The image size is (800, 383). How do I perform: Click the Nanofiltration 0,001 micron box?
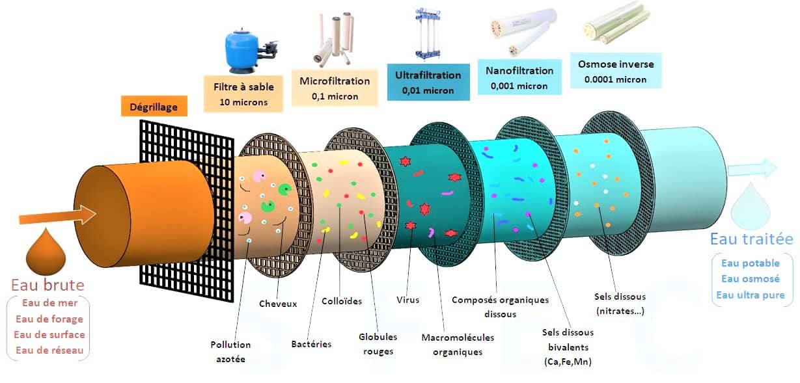(519, 77)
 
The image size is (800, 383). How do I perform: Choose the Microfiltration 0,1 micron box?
(335, 88)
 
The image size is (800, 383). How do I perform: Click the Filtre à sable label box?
(243, 94)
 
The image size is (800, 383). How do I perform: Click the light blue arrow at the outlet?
(752, 169)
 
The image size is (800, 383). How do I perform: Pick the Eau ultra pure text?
(751, 295)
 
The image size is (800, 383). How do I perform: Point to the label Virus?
(407, 300)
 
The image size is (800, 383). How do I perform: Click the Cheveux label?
(278, 304)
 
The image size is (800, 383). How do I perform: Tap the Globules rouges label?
(378, 344)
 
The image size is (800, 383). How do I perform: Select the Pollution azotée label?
(230, 351)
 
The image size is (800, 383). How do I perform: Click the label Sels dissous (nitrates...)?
(620, 304)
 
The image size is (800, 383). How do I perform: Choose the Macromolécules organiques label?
(457, 345)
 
